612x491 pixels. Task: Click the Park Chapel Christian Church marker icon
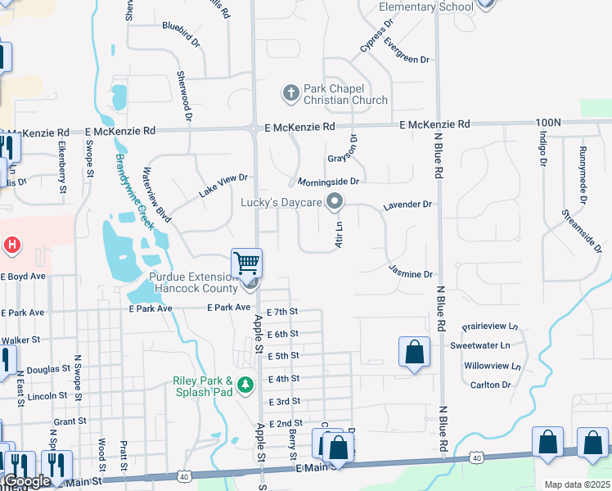290,93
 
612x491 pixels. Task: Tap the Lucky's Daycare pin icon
334,201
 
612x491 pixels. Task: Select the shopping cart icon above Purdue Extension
246,264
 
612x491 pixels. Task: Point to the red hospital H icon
11,245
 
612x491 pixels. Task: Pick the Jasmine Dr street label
410,274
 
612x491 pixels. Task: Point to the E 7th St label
283,312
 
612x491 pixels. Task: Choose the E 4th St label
283,379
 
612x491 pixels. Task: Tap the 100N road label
548,122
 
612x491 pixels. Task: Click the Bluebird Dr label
182,26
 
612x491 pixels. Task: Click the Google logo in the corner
27,481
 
